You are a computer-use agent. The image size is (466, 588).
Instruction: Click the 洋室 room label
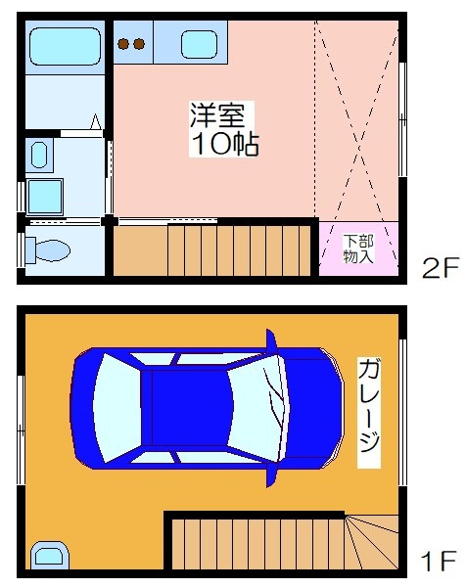(217, 115)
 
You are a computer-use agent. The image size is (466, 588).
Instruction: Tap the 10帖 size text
(225, 144)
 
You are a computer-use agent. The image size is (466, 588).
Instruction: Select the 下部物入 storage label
(358, 249)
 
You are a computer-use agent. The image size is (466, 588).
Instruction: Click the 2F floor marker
(441, 267)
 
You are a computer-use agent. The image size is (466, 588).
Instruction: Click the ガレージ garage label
(369, 413)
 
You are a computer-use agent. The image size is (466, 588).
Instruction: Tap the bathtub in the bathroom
(65, 46)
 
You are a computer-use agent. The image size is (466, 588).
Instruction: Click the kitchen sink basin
(200, 45)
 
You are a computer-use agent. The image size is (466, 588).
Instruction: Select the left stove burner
(123, 44)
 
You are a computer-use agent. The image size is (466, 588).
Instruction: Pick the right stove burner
(139, 44)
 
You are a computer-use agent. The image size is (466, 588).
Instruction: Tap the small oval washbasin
(39, 155)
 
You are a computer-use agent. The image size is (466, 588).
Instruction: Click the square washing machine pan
(44, 198)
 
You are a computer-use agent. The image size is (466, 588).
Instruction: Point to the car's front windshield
(257, 408)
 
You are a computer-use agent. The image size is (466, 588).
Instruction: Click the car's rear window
(117, 408)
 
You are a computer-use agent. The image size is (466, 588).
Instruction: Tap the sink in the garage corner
(49, 556)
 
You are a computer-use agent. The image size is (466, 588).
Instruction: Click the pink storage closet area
(358, 249)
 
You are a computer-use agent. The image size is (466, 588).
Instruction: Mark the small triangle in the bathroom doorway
(96, 121)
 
